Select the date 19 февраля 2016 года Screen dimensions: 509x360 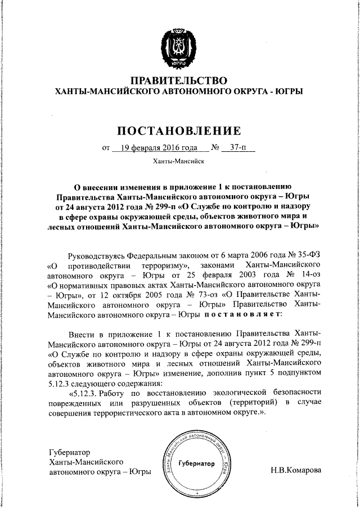(156, 149)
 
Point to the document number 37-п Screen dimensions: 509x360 (236, 149)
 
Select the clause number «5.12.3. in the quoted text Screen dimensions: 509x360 (84, 391)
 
